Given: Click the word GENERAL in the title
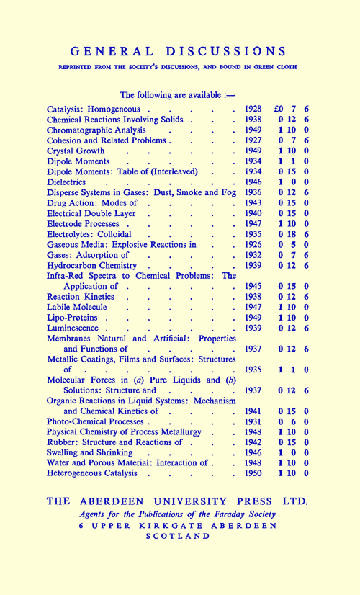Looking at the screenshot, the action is [x=112, y=51].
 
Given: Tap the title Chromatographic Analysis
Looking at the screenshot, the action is [x=96, y=130].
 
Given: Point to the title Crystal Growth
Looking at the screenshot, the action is [x=76, y=151].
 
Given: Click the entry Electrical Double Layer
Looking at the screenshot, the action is [x=91, y=215].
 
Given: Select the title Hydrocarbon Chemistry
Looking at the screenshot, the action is [x=91, y=267].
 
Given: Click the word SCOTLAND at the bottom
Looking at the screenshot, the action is [x=179, y=536].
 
